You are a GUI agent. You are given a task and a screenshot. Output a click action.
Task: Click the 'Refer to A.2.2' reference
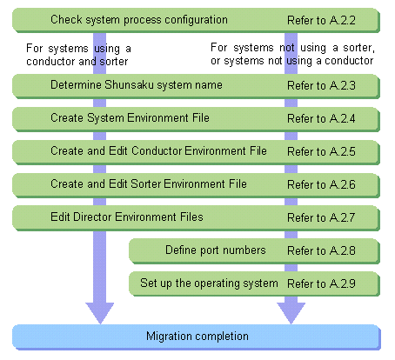tap(321, 20)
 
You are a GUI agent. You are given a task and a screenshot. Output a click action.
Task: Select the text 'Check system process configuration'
tap(139, 20)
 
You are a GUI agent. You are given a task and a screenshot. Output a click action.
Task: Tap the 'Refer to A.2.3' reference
tap(321, 85)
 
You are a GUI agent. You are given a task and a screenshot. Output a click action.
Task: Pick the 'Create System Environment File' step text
tap(130, 118)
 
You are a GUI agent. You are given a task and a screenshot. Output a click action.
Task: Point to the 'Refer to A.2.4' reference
tap(321, 118)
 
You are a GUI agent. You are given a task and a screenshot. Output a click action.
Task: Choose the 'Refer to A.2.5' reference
tap(321, 151)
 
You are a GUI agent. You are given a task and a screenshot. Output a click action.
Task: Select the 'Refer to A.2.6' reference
tap(321, 184)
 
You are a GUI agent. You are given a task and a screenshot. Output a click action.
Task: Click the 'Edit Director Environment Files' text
tap(127, 217)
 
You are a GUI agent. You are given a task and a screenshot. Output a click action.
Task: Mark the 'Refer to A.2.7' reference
tap(321, 217)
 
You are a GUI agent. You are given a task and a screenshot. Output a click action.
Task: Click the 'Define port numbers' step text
tap(216, 250)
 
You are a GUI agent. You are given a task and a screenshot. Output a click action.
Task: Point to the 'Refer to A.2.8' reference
tap(321, 250)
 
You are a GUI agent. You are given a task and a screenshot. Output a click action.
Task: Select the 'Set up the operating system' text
tap(209, 283)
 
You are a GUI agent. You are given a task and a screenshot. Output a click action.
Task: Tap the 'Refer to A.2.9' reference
tap(321, 283)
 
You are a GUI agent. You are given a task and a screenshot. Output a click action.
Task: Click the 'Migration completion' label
tap(197, 337)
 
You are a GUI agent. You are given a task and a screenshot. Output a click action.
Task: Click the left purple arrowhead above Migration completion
tap(100, 312)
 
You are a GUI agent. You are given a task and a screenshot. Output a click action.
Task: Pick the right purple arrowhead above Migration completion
tap(291, 312)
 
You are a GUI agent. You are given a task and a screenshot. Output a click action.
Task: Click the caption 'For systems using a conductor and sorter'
tap(78, 55)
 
